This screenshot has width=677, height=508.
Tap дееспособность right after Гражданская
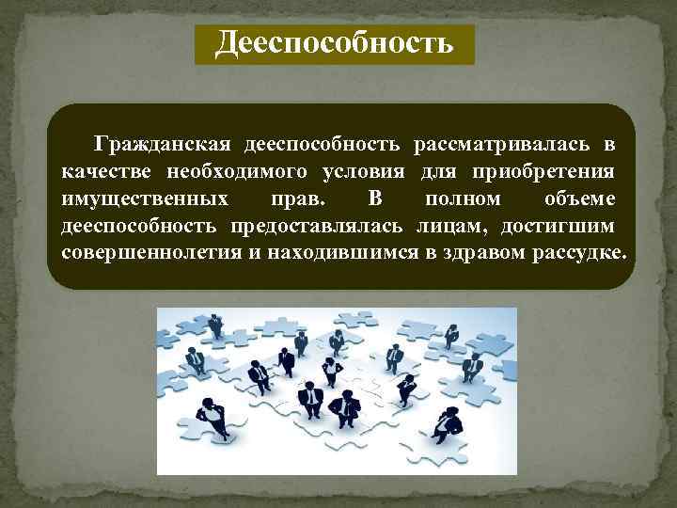pyautogui.click(x=324, y=144)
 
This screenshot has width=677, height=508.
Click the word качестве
pyautogui.click(x=107, y=172)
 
